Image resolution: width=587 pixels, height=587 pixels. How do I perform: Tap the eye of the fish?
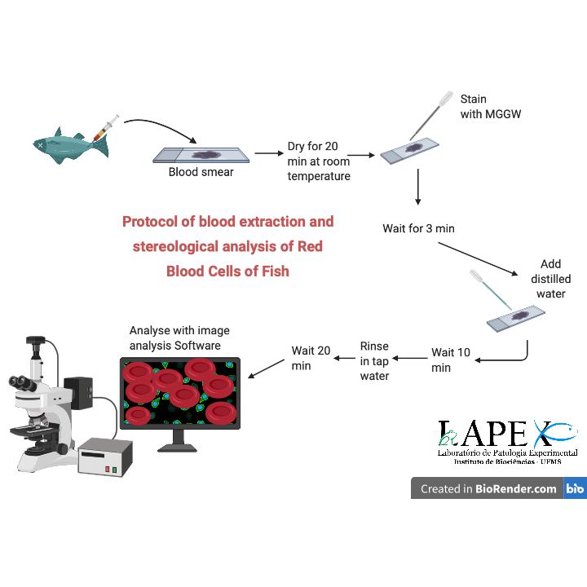[41, 144]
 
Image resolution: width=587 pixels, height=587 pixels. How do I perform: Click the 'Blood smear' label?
[201, 172]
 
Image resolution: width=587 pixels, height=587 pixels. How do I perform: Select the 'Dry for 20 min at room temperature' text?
[319, 161]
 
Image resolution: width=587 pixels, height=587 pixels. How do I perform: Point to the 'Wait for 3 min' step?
[418, 228]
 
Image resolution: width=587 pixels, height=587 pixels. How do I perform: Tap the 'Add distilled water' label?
[550, 279]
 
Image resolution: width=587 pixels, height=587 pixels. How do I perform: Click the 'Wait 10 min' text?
[451, 360]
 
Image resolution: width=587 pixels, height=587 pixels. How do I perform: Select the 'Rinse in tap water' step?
[374, 361]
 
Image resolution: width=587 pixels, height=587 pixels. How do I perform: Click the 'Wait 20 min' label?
[311, 358]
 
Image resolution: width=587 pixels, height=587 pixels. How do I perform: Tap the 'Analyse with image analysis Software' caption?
[179, 338]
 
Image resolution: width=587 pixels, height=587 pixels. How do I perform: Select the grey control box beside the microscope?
[105, 457]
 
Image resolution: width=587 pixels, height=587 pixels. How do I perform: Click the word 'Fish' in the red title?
[272, 271]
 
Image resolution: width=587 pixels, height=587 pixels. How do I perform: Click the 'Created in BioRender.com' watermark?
[488, 489]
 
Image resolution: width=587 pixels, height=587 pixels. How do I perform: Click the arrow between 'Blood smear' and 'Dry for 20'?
[266, 152]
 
